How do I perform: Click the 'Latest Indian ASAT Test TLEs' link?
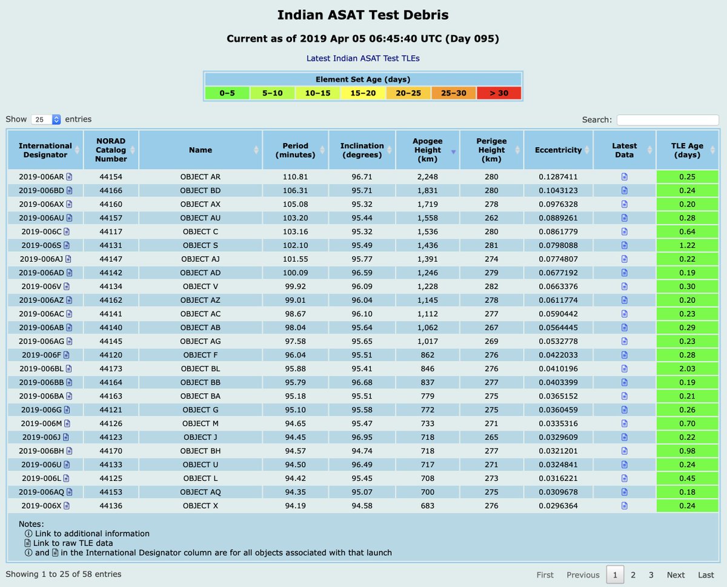tap(363, 58)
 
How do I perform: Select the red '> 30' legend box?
tap(499, 93)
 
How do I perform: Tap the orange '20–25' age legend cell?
tap(408, 93)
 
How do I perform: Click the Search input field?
tap(668, 120)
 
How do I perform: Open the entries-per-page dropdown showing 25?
tap(47, 119)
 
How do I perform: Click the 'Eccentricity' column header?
tap(557, 150)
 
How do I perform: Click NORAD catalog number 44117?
tap(111, 231)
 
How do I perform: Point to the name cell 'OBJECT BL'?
tap(200, 368)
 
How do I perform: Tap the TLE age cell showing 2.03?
tap(687, 368)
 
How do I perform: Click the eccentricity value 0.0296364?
tap(557, 505)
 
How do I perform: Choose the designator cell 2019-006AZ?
tap(42, 300)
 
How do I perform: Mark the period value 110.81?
tap(295, 177)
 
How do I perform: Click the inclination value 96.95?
tap(362, 437)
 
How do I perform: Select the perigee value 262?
tap(491, 217)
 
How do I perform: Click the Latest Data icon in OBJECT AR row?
tap(624, 177)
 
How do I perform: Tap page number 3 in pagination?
tap(651, 575)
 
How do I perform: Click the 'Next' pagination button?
tap(676, 575)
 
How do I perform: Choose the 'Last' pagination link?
tap(706, 575)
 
